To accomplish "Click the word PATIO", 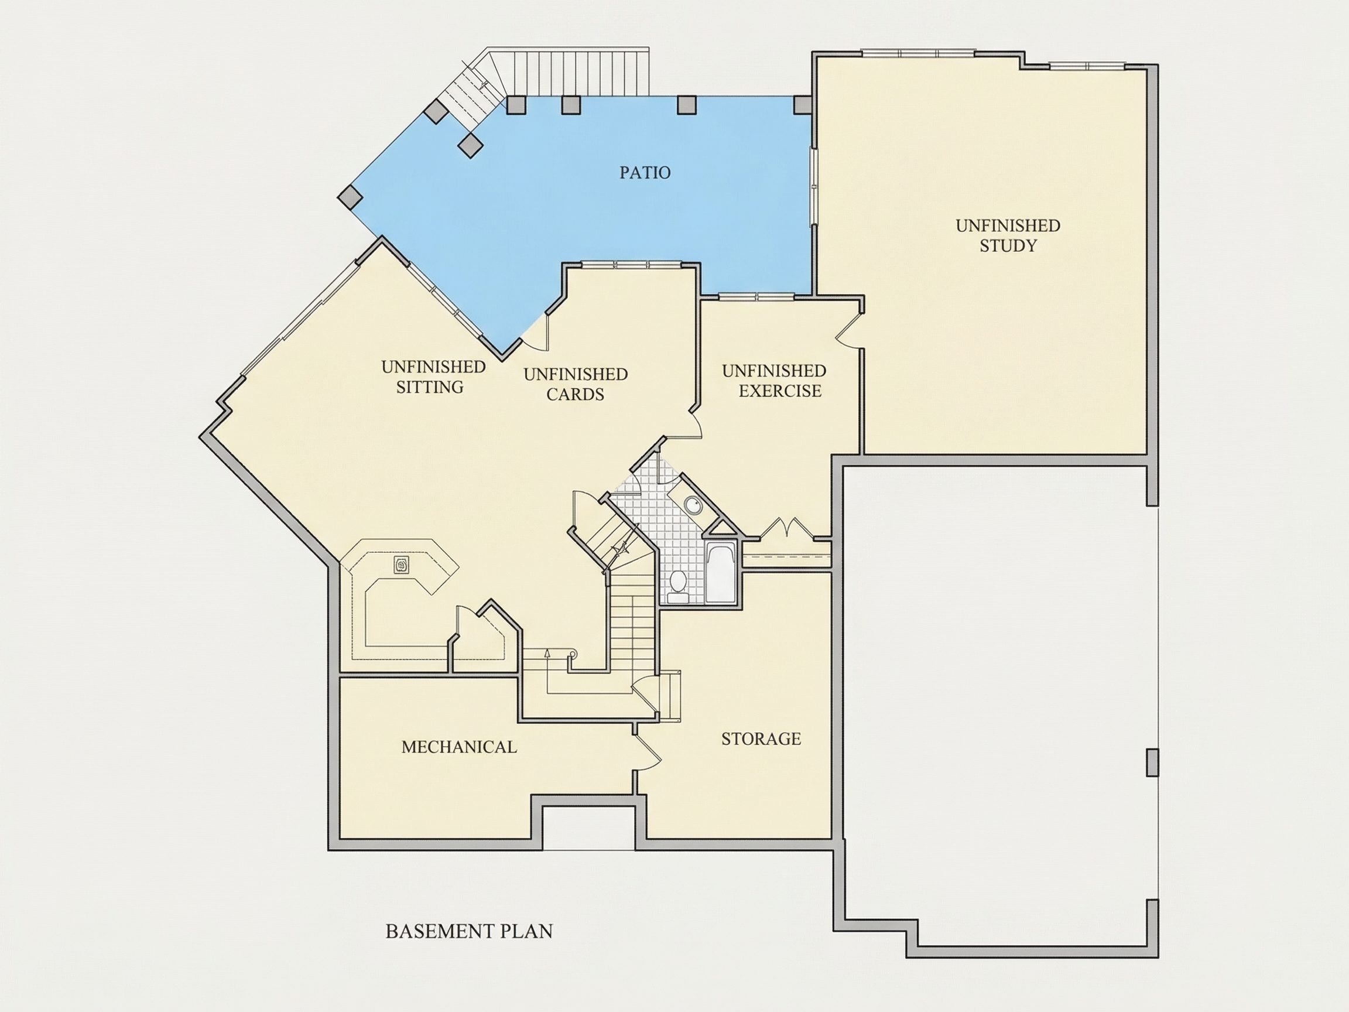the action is pyautogui.click(x=645, y=173).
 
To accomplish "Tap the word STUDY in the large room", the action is pyautogui.click(x=1008, y=246).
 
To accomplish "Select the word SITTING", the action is pyautogui.click(x=430, y=387).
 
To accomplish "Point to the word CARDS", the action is pyautogui.click(x=575, y=395).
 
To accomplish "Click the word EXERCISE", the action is pyautogui.click(x=780, y=391).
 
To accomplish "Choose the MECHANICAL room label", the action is pyautogui.click(x=459, y=747).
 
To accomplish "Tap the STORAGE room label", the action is pyautogui.click(x=761, y=739).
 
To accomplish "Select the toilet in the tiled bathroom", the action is pyautogui.click(x=676, y=582).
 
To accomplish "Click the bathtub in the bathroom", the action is pyautogui.click(x=721, y=572).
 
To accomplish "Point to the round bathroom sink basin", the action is pyautogui.click(x=692, y=504).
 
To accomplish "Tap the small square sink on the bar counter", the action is pyautogui.click(x=402, y=565).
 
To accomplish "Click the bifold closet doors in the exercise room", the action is pyautogui.click(x=787, y=528).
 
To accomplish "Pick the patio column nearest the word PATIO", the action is pyautogui.click(x=686, y=104).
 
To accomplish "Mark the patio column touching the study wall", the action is pyautogui.click(x=803, y=104).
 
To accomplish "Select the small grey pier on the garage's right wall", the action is pyautogui.click(x=1152, y=763).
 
